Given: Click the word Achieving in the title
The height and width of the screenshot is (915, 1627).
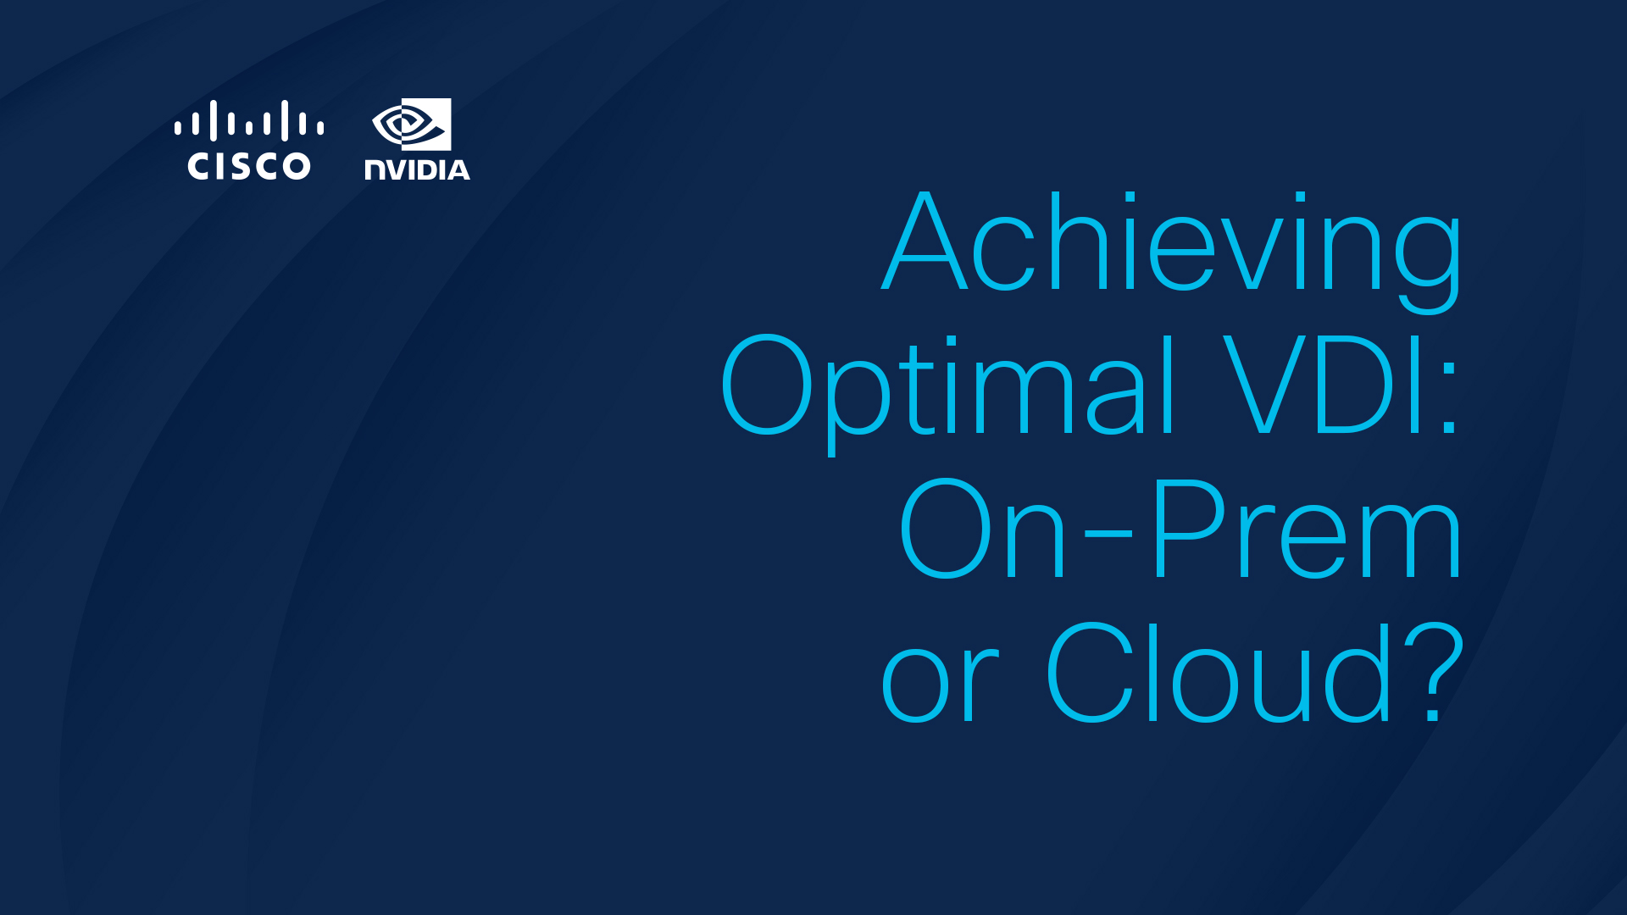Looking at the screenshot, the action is tap(1172, 252).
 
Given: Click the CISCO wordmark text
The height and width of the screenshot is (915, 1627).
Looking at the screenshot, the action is tap(249, 166).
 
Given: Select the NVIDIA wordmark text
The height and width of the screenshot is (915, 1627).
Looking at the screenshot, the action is tap(417, 169).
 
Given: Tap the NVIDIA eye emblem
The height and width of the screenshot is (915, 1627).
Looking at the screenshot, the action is tap(412, 125).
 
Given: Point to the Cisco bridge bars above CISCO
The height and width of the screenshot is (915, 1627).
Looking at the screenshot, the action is tap(249, 121).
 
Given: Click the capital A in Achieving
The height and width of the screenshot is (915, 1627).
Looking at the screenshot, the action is tap(925, 241).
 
